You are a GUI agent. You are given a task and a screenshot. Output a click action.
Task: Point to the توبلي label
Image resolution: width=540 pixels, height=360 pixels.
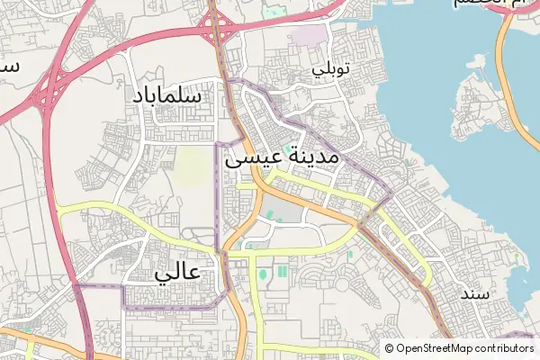tap(328, 68)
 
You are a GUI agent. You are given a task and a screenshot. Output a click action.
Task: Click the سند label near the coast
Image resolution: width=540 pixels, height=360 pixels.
tap(474, 293)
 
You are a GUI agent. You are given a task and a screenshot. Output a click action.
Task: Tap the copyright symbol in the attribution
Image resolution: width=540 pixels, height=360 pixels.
tap(390, 348)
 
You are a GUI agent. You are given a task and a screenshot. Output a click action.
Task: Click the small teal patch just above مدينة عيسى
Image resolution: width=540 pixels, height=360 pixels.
tap(288, 148)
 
